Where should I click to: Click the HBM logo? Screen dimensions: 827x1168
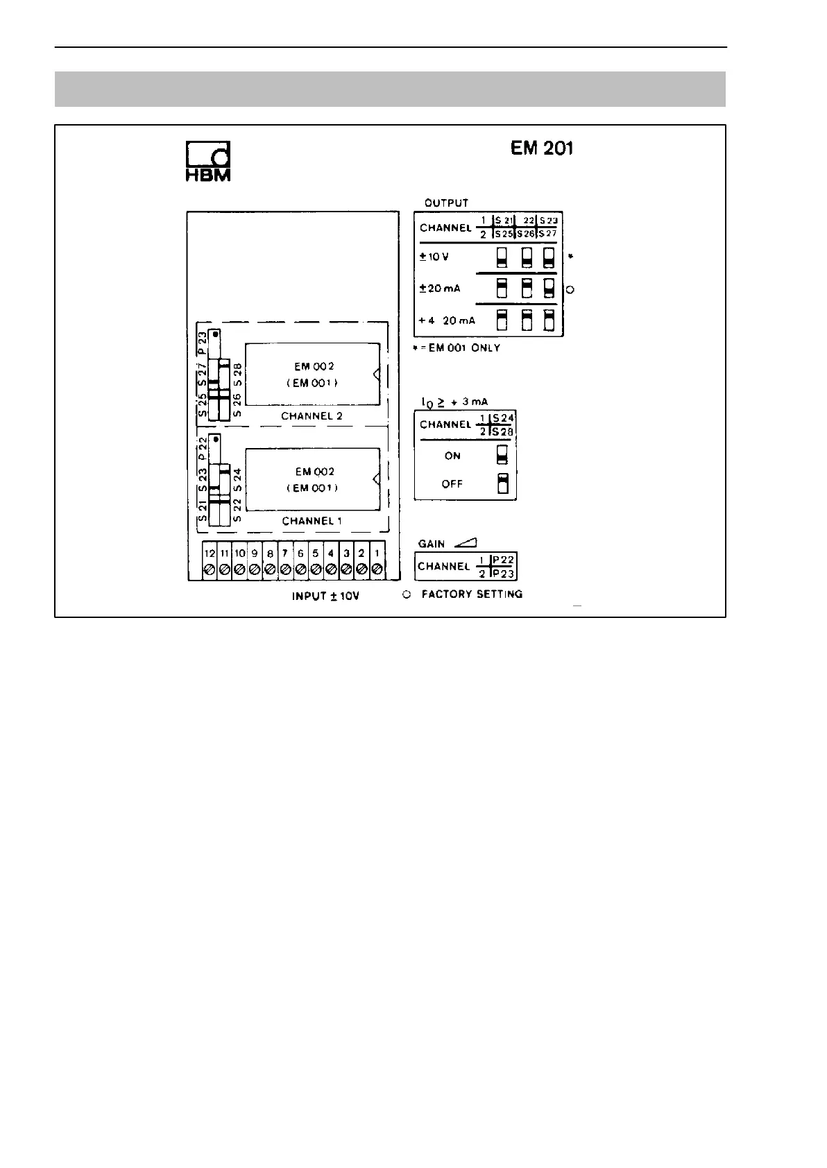point(207,162)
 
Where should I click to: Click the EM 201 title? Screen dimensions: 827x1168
point(541,148)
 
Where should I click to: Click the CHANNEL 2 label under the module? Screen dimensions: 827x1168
point(312,416)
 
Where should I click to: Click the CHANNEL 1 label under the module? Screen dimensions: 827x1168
point(312,521)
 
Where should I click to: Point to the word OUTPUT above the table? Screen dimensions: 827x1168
point(446,203)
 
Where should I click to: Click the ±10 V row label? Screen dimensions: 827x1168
point(434,257)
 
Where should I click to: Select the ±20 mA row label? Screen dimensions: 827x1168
point(440,289)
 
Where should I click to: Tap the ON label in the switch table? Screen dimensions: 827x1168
point(452,456)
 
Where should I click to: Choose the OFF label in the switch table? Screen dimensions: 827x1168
point(452,484)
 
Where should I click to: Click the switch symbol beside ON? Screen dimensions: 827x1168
point(503,455)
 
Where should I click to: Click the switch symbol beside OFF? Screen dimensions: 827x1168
point(503,483)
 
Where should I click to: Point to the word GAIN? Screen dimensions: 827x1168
point(432,544)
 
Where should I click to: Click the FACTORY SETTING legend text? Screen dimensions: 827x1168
point(472,594)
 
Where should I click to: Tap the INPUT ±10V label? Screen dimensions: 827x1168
point(325,596)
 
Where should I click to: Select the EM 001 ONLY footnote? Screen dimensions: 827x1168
point(459,347)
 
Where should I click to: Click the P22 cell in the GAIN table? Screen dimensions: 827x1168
point(503,560)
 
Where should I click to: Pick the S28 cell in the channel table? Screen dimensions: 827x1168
point(503,432)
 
